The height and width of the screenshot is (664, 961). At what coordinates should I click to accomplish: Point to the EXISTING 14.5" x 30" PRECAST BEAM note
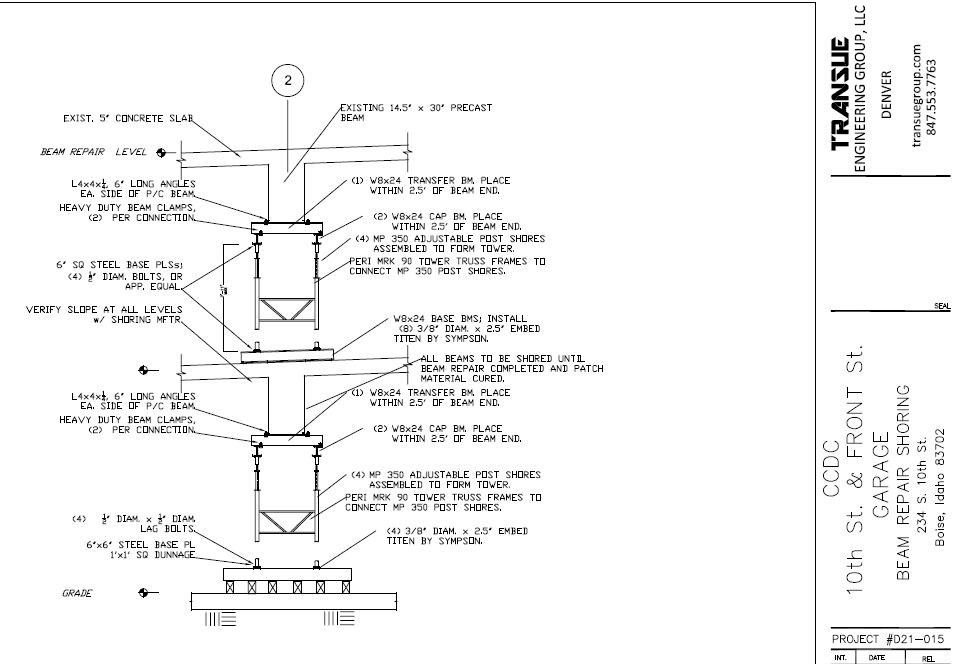coord(415,111)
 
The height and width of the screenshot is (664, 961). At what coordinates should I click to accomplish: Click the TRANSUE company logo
coord(841,94)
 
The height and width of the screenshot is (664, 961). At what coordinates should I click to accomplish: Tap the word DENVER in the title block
coord(886,94)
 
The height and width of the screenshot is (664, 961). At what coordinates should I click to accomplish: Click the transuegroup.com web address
coord(917,96)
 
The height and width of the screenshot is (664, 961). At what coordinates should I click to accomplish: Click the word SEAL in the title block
coord(941,307)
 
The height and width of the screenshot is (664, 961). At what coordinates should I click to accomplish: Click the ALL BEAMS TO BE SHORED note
coord(512,368)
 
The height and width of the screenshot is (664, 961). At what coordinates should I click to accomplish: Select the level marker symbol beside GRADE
coord(147,593)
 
